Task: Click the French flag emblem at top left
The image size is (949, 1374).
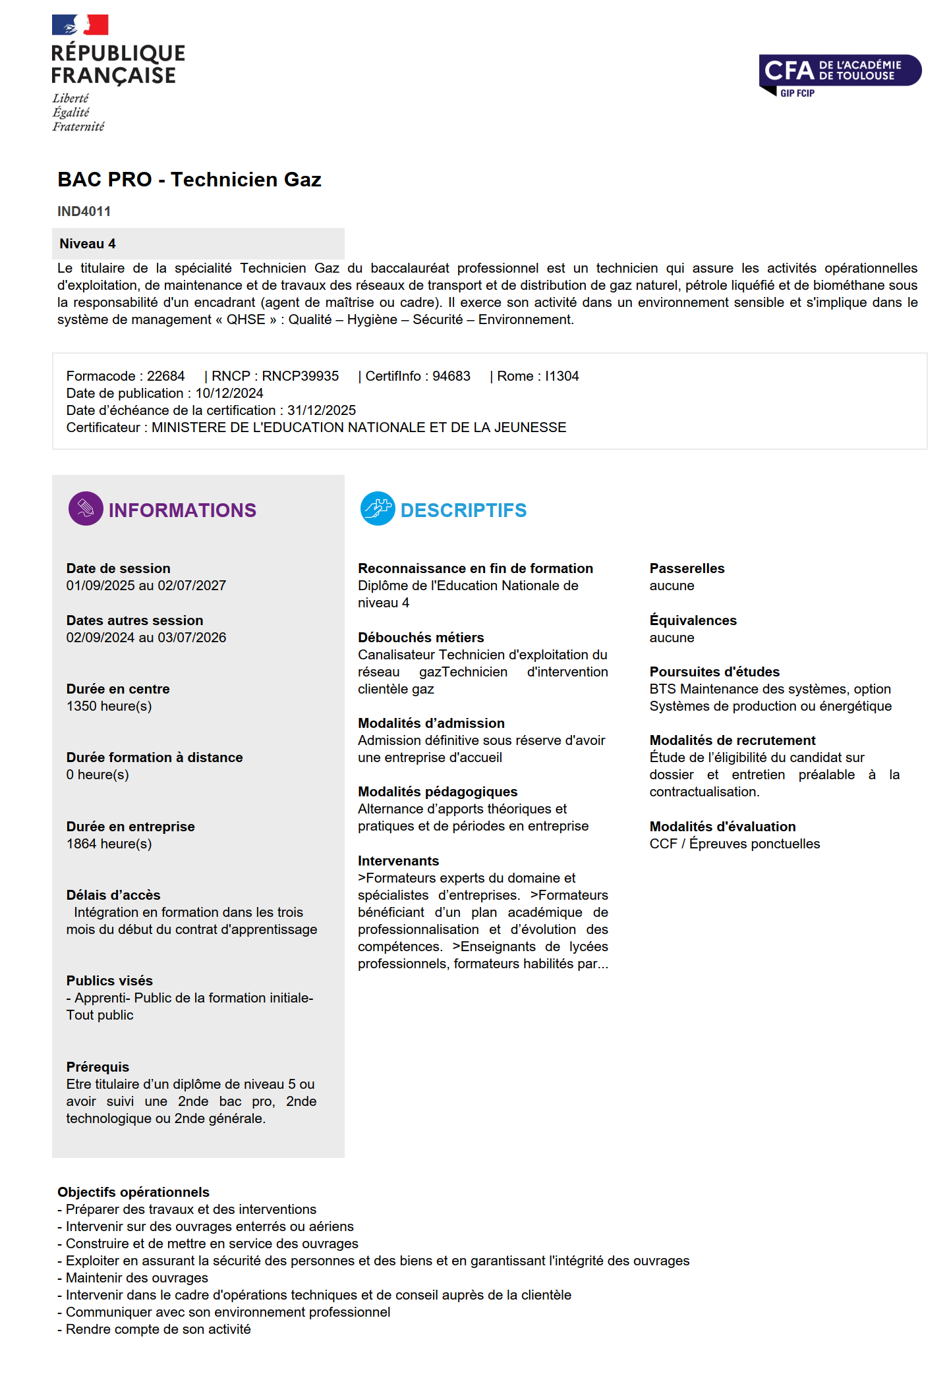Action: (80, 25)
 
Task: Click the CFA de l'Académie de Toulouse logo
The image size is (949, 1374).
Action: (839, 73)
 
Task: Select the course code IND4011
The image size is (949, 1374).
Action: (84, 211)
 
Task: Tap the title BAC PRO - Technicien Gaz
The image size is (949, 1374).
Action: (189, 179)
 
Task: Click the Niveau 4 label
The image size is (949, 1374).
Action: (88, 244)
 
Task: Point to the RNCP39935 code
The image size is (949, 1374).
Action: (300, 376)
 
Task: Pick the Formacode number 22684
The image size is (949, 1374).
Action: (165, 376)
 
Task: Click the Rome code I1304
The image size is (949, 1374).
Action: (561, 376)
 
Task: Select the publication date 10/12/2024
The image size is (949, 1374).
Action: (229, 393)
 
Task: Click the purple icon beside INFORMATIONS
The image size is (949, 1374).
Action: (86, 508)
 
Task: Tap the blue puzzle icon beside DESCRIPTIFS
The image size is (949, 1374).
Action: (378, 508)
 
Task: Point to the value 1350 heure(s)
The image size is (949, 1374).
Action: (109, 706)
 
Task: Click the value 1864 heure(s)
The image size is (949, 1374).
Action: (109, 844)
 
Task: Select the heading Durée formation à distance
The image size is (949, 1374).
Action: (154, 757)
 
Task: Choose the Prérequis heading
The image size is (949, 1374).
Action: (98, 1067)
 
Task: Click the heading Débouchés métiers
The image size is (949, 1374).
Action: (420, 638)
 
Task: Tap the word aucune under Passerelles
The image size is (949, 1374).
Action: (672, 586)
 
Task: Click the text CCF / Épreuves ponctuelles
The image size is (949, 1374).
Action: (734, 844)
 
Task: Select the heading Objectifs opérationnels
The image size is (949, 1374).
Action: (133, 1192)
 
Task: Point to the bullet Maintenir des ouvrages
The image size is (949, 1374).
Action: (136, 1278)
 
